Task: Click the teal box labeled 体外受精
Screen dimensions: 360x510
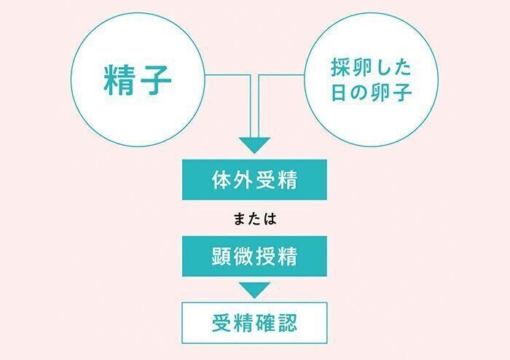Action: [254, 181]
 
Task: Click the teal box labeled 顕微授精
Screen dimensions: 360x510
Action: [254, 258]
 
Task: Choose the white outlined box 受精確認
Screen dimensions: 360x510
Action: [254, 322]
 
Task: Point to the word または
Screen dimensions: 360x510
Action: [254, 219]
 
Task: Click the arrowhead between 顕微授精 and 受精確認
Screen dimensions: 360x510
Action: [254, 290]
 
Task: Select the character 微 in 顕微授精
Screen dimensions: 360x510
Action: [244, 258]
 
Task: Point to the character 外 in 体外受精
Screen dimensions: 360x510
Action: [244, 181]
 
